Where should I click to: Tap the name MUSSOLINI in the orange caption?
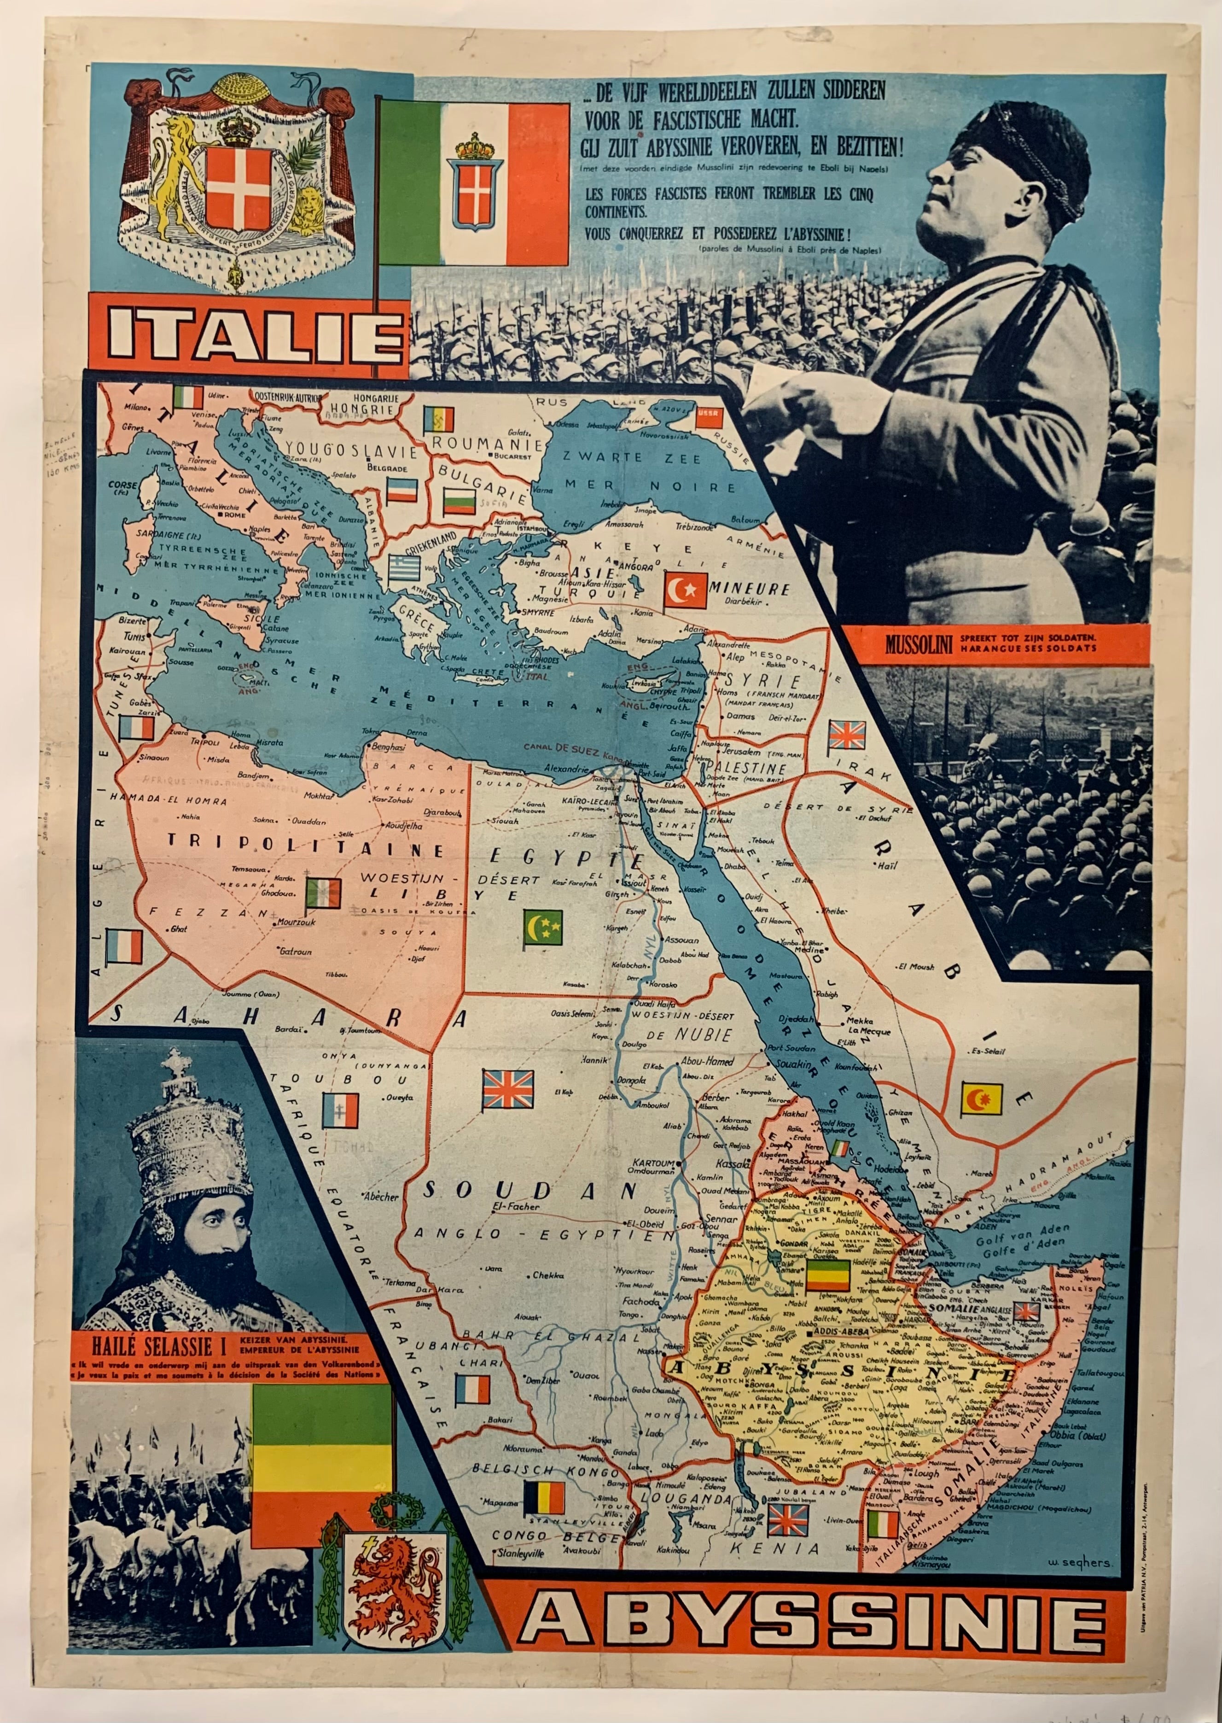(918, 643)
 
